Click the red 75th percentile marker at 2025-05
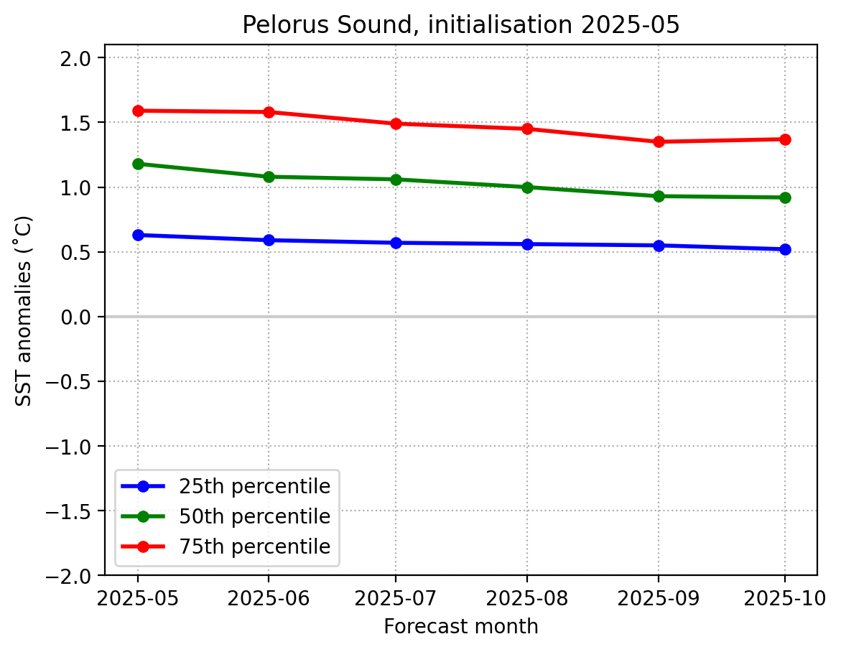click(138, 111)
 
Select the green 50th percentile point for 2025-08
click(527, 187)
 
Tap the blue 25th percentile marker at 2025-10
click(785, 249)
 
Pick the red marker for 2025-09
click(659, 141)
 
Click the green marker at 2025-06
click(269, 177)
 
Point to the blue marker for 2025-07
click(396, 243)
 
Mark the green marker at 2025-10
click(785, 197)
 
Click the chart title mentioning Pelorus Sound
click(460, 25)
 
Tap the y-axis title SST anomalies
click(24, 310)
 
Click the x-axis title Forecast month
click(460, 627)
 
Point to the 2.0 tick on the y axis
click(85, 58)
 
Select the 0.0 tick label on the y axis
click(85, 317)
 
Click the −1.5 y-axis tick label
click(78, 511)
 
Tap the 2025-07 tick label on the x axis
click(396, 597)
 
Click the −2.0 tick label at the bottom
click(78, 576)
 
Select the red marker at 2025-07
click(396, 124)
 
